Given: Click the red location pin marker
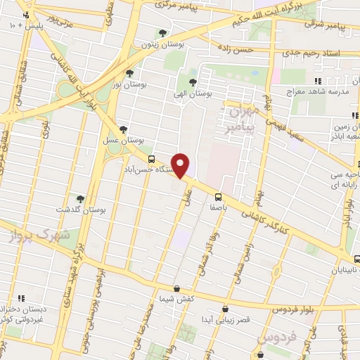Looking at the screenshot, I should pyautogui.click(x=181, y=166).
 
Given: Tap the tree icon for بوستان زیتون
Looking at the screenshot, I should pyautogui.click(x=163, y=32).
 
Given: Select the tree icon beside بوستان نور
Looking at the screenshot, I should pyautogui.click(x=129, y=72).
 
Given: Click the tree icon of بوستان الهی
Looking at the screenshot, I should pyautogui.click(x=193, y=82).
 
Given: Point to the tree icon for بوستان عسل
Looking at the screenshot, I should pyautogui.click(x=124, y=129).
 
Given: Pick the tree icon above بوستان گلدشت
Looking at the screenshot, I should pyautogui.click(x=80, y=198).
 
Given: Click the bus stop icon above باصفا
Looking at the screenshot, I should pyautogui.click(x=218, y=196).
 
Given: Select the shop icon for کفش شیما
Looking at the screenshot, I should pyautogui.click(x=176, y=288).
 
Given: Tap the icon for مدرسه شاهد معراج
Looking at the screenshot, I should pyautogui.click(x=318, y=80).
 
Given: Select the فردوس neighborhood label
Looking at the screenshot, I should pyautogui.click(x=271, y=340).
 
